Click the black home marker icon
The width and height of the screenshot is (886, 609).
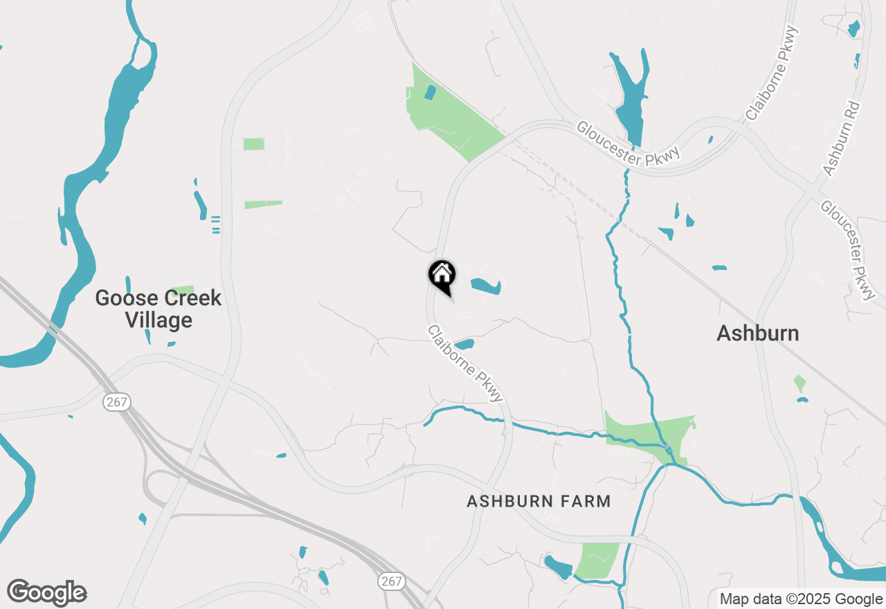pyautogui.click(x=442, y=275)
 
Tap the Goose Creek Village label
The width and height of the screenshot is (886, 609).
pyautogui.click(x=158, y=309)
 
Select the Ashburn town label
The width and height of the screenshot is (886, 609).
pyautogui.click(x=757, y=334)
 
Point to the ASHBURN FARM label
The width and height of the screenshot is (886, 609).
pyautogui.click(x=539, y=501)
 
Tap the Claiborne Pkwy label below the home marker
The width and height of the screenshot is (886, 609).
pyautogui.click(x=464, y=363)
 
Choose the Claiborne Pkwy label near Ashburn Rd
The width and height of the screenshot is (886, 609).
pyautogui.click(x=772, y=73)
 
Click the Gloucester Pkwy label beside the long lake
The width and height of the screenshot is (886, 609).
pyautogui.click(x=629, y=144)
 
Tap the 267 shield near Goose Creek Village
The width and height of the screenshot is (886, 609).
pyautogui.click(x=118, y=402)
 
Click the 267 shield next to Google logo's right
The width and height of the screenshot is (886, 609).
pyautogui.click(x=392, y=581)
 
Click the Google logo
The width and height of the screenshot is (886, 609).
pyautogui.click(x=46, y=593)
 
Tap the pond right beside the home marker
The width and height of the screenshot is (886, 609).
pyautogui.click(x=485, y=286)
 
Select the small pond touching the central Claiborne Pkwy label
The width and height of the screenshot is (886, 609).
pyautogui.click(x=463, y=344)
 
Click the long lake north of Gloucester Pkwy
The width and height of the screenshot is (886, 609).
pyautogui.click(x=630, y=97)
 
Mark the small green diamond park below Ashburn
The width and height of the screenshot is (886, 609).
pyautogui.click(x=799, y=383)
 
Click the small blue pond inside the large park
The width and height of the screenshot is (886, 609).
pyautogui.click(x=430, y=93)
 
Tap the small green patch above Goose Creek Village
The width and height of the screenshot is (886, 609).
pyautogui.click(x=183, y=290)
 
